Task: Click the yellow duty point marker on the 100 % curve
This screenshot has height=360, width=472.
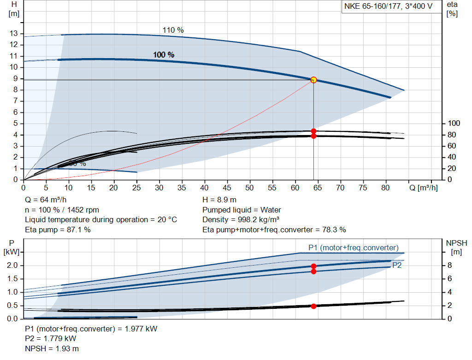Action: click(x=313, y=80)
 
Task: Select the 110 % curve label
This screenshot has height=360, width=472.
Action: click(x=173, y=30)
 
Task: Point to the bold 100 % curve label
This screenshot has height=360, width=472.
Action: click(x=164, y=55)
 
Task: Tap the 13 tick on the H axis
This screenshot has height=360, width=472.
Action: click(x=14, y=34)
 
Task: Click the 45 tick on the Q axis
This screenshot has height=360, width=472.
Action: click(x=227, y=188)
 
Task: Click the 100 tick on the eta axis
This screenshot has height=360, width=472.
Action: click(x=454, y=124)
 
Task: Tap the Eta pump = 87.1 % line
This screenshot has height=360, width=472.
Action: click(x=58, y=230)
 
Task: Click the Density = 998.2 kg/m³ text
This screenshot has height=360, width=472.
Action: click(x=241, y=220)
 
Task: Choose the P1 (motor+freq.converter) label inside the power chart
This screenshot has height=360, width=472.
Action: click(x=353, y=248)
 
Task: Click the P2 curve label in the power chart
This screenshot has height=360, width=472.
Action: click(x=397, y=266)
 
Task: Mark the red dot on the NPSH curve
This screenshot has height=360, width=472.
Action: click(x=313, y=306)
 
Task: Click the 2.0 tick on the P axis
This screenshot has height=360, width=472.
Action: click(x=12, y=266)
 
